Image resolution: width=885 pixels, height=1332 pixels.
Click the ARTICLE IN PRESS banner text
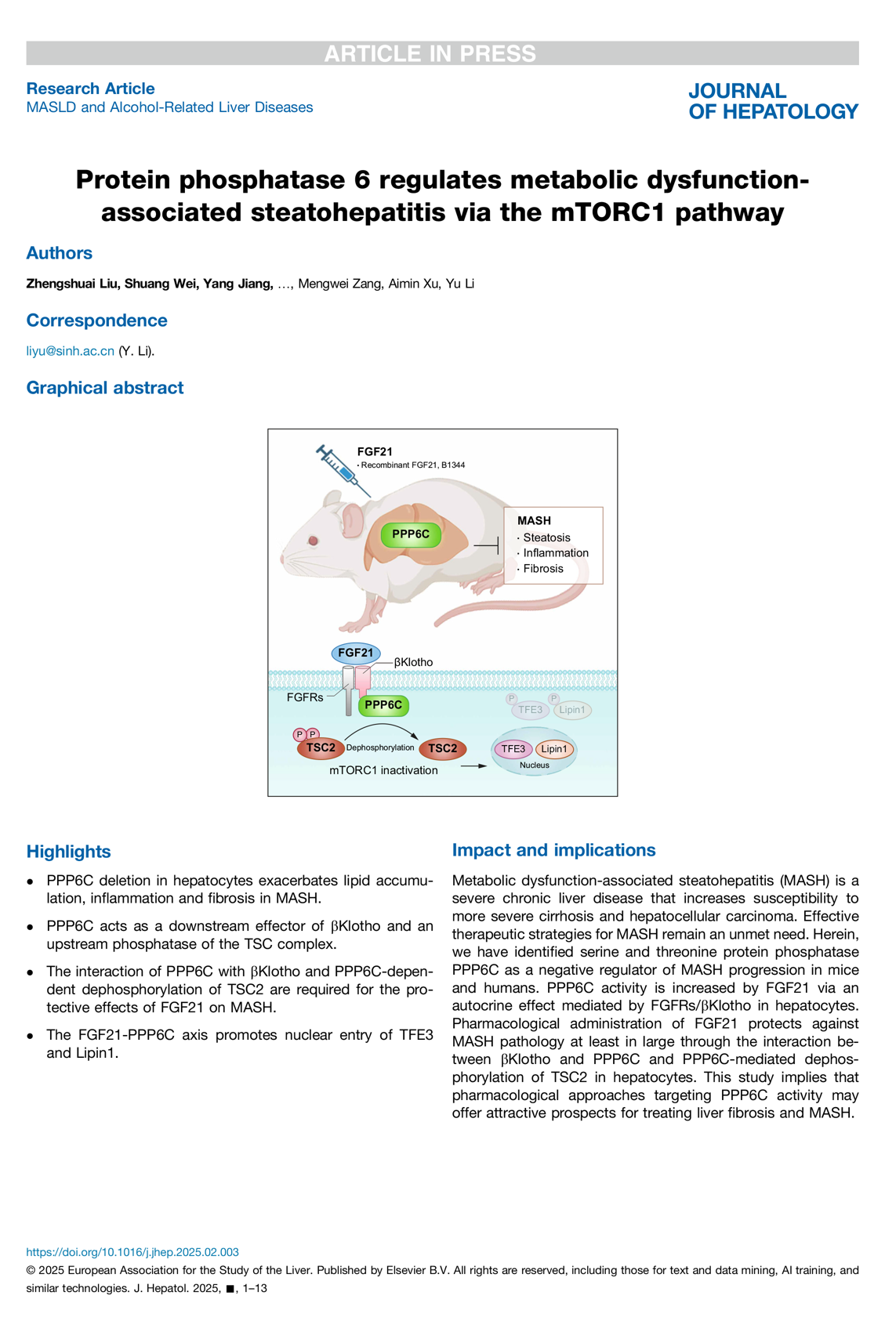pyautogui.click(x=430, y=53)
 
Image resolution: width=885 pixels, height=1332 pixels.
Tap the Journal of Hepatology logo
pyautogui.click(x=772, y=102)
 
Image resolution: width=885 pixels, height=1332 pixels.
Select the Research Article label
pyautogui.click(x=90, y=89)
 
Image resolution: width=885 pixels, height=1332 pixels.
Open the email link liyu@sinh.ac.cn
pyautogui.click(x=70, y=351)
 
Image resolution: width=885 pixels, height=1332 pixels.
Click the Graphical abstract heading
pyautogui.click(x=105, y=388)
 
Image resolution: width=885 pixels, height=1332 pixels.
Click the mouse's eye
pyautogui.click(x=314, y=540)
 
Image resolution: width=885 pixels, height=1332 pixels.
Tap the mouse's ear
pyautogui.click(x=353, y=519)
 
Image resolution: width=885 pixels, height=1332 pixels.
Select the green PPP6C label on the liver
pyautogui.click(x=411, y=534)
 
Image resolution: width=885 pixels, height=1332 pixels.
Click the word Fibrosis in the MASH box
pyautogui.click(x=542, y=569)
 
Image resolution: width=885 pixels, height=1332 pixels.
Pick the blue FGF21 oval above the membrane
pyautogui.click(x=356, y=653)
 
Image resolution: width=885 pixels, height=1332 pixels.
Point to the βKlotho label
pyautogui.click(x=413, y=662)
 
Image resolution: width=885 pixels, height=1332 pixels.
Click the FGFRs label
pyautogui.click(x=305, y=697)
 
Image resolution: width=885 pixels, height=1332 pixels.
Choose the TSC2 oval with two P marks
pyautogui.click(x=320, y=747)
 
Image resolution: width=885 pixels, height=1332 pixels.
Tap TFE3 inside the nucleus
pyautogui.click(x=513, y=749)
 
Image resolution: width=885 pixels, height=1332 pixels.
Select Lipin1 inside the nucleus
pyautogui.click(x=554, y=749)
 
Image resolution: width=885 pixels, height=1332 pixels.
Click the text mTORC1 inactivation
pyautogui.click(x=383, y=770)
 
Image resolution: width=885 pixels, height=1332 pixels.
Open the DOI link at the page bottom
pyautogui.click(x=132, y=1252)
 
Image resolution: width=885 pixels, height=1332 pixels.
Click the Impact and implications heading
pyautogui.click(x=553, y=850)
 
